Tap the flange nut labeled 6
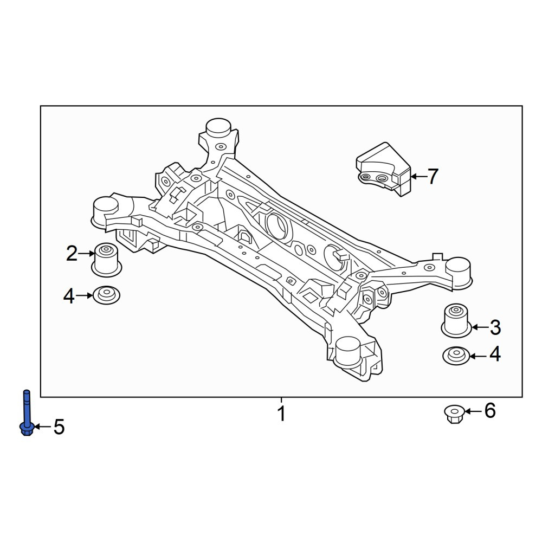pyautogui.click(x=455, y=415)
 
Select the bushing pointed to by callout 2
pyautogui.click(x=106, y=260)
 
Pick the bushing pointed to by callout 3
pyautogui.click(x=456, y=320)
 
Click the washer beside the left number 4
pyautogui.click(x=106, y=295)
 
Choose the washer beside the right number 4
pyautogui.click(x=456, y=356)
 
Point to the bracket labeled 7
pyautogui.click(x=384, y=169)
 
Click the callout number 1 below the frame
pyautogui.click(x=282, y=414)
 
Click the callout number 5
pyautogui.click(x=59, y=427)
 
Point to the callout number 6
pyautogui.click(x=490, y=411)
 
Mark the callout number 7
pyautogui.click(x=433, y=176)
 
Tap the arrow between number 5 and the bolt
pyautogui.click(x=42, y=427)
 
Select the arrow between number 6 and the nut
pyautogui.click(x=473, y=411)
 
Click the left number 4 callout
pyautogui.click(x=69, y=296)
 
